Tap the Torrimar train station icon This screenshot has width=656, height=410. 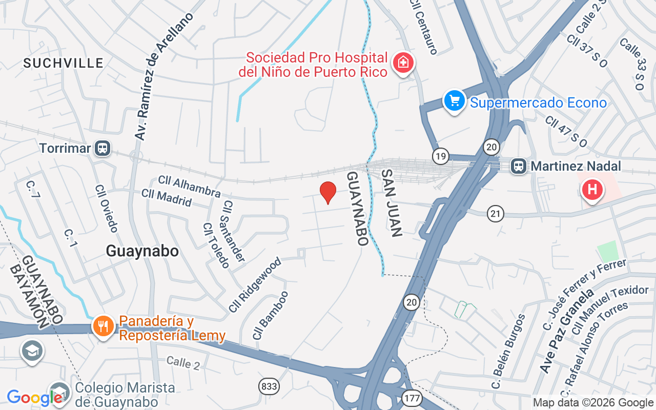click(103, 149)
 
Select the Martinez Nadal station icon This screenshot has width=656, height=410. click(519, 166)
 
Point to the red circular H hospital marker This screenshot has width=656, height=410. click(592, 189)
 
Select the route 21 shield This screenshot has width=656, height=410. click(496, 213)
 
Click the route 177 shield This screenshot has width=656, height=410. click(412, 398)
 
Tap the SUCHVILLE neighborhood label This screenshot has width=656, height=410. click(64, 63)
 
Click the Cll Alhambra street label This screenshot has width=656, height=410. click(189, 187)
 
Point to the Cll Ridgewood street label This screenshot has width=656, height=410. click(255, 285)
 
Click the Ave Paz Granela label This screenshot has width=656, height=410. click(567, 331)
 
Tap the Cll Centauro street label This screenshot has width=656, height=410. click(424, 27)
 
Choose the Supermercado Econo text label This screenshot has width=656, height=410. click(538, 103)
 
